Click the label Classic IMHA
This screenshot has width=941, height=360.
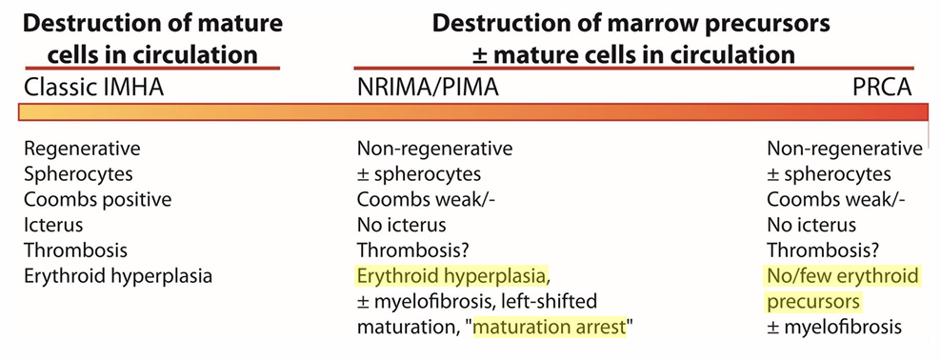coord(93,88)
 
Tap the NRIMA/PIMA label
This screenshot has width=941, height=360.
coord(428,88)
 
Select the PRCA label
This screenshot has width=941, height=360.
coord(882,88)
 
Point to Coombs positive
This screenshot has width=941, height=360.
coord(98,200)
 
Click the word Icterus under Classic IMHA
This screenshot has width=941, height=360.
coord(53,226)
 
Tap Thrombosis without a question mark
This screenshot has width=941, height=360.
coord(75,251)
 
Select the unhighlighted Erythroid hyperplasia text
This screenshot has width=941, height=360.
coord(118,277)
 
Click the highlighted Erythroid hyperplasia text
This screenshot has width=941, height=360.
coord(451,277)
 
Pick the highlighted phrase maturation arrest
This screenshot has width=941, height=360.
coord(550,329)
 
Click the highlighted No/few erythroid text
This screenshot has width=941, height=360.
coord(843,277)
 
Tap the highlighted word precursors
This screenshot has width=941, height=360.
coord(814,303)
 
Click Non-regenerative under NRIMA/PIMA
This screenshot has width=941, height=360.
coord(434,149)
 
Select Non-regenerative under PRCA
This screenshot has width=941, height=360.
coord(845,149)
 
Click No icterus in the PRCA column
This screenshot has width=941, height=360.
coord(812,226)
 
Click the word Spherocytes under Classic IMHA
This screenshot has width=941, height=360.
coord(78,174)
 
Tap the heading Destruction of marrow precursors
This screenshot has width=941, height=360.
coord(631,25)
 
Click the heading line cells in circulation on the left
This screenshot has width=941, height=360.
coord(152,55)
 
